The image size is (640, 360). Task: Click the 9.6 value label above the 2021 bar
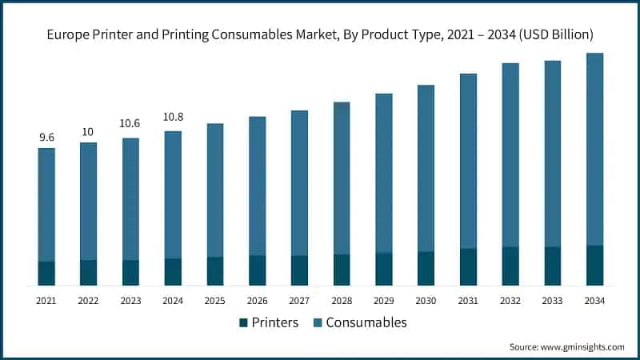[46, 138]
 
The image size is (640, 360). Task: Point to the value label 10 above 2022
[88, 132]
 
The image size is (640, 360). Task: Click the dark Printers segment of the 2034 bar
[594, 265]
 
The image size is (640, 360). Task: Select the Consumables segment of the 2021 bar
[46, 205]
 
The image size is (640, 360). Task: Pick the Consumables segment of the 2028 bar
[342, 178]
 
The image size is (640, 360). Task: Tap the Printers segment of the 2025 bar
[215, 271]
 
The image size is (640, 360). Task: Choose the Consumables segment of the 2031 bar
[468, 161]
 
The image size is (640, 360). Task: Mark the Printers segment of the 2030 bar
[426, 268]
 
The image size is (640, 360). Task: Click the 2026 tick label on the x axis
[257, 301]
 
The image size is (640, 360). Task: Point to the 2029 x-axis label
[383, 301]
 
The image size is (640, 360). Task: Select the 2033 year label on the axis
[552, 301]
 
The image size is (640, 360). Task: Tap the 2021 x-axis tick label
[46, 301]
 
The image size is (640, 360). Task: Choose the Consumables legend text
[366, 322]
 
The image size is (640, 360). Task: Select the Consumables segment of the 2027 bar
[299, 183]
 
